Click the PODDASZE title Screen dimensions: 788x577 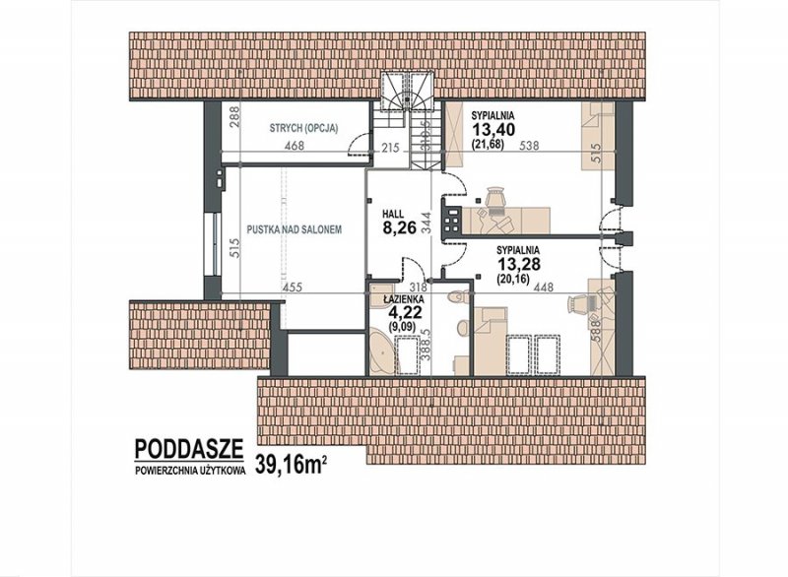(x=189, y=449)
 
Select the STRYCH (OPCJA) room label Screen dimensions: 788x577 (x=303, y=128)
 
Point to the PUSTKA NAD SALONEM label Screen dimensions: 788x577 (x=295, y=229)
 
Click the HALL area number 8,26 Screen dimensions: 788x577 (x=400, y=228)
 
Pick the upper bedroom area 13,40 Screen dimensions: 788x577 (x=493, y=130)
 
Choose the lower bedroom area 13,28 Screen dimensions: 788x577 (x=519, y=263)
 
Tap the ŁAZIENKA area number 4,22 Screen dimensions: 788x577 (x=406, y=312)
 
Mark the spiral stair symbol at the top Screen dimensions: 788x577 (x=406, y=91)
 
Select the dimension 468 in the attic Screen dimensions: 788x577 (x=294, y=146)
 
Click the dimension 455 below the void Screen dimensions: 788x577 (x=292, y=288)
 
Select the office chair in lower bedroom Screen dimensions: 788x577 (x=578, y=303)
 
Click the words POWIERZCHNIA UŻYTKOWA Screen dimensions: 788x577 (x=190, y=471)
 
